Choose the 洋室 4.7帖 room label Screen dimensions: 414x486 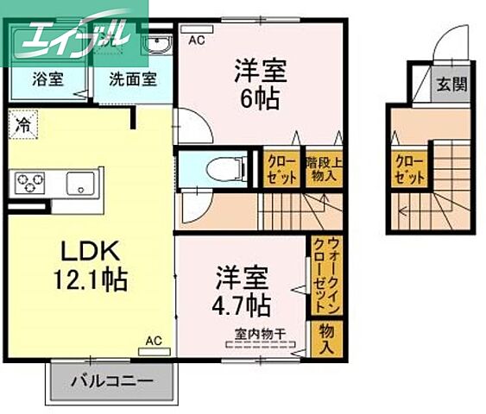243,292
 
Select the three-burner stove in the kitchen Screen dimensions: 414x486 29,182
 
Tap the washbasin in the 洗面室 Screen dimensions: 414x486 159,46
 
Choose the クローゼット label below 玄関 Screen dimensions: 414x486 409,169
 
